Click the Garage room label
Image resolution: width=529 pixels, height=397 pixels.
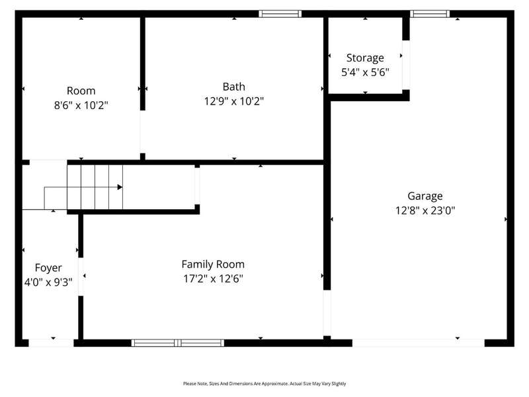425,196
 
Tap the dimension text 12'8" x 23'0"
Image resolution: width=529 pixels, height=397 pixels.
425,210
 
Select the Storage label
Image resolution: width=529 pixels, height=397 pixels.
365,58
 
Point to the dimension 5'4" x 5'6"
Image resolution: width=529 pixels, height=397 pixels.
365,72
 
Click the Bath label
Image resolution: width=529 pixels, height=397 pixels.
234,87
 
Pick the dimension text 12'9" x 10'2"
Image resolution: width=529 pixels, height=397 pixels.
234,101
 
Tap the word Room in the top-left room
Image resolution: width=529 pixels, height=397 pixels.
81,91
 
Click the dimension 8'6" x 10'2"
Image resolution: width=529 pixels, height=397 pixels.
81,105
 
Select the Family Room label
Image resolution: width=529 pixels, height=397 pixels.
213,264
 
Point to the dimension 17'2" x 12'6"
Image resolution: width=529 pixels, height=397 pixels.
213,279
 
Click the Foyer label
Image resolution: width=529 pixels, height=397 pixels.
48,268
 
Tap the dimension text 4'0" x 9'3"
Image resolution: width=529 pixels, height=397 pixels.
48,283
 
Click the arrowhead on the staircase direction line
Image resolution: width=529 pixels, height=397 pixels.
120,187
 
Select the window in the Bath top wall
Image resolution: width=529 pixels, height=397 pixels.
280,14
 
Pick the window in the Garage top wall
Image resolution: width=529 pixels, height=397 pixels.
430,14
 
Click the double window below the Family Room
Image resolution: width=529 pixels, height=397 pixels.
178,343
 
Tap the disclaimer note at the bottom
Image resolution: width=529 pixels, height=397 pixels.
264,384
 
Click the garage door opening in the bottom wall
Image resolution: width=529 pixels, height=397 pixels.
419,343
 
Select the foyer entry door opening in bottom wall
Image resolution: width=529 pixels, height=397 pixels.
51,343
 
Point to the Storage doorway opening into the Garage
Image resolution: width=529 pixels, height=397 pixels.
406,65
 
